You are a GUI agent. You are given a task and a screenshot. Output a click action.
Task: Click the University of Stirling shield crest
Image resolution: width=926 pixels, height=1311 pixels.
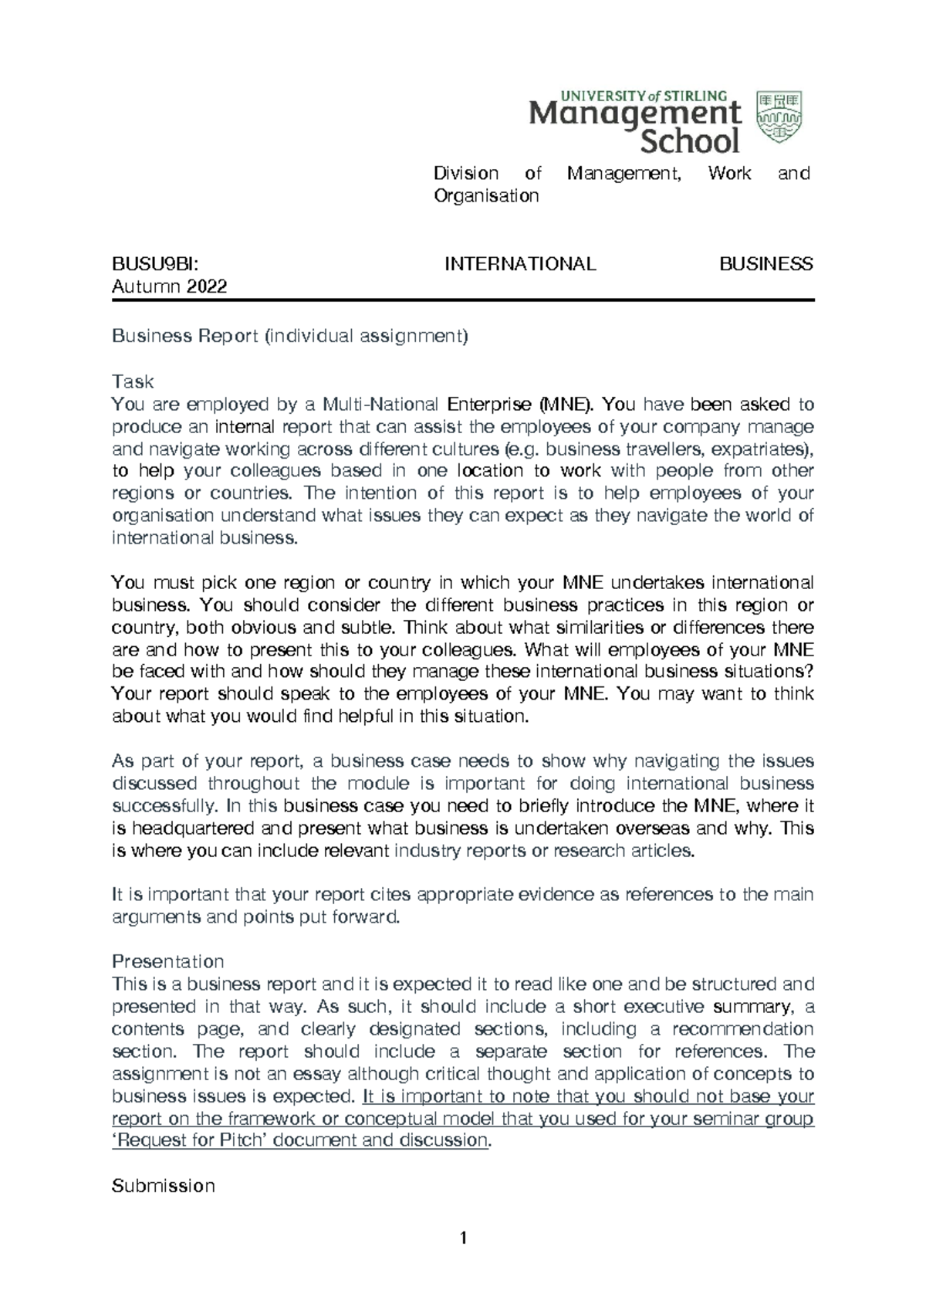779,117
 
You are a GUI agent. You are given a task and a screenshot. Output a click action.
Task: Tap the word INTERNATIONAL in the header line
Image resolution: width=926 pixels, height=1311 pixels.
520,264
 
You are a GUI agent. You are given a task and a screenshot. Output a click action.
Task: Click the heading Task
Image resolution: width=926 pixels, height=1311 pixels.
133,381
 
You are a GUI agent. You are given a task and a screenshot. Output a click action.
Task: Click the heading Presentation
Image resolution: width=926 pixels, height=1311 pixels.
168,961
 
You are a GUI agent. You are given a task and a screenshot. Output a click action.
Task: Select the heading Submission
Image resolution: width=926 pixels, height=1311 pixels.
164,1185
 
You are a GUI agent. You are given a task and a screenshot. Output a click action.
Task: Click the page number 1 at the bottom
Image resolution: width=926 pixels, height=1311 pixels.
463,1239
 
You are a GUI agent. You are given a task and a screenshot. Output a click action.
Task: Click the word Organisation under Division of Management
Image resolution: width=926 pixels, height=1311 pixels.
486,196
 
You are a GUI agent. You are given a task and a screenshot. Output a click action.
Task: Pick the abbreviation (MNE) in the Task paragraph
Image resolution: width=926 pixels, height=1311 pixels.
566,404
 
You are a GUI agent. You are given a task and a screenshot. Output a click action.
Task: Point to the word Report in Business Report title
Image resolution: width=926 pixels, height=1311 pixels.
228,337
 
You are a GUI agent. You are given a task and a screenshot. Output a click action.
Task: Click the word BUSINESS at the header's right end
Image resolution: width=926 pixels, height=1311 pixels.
765,264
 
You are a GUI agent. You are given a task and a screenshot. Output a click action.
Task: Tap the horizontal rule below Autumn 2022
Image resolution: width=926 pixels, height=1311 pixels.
463,300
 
